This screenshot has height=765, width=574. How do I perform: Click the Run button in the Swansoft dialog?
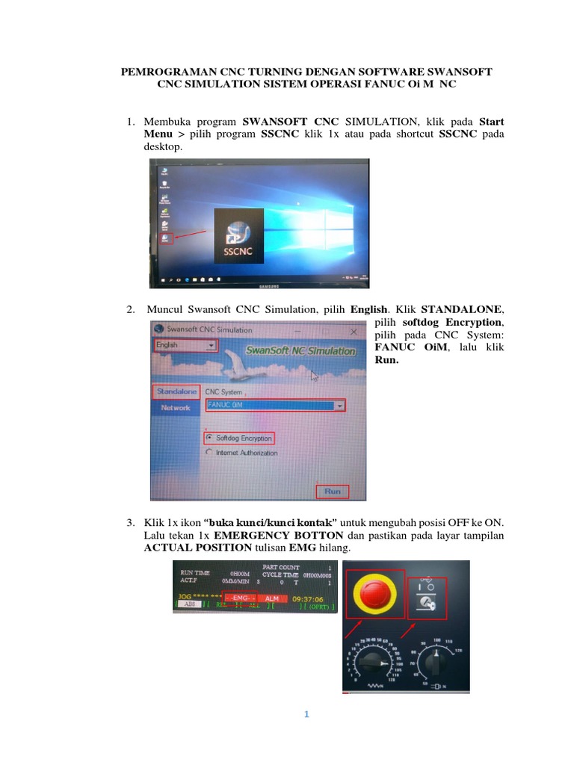332,491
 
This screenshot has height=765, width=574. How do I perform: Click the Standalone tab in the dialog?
176,391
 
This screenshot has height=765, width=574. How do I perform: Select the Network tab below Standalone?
176,408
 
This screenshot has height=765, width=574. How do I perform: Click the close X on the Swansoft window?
353,329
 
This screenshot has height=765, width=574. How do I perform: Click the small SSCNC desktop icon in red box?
164,238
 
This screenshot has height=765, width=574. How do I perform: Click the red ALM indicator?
272,598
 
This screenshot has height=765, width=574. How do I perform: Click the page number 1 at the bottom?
306,715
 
